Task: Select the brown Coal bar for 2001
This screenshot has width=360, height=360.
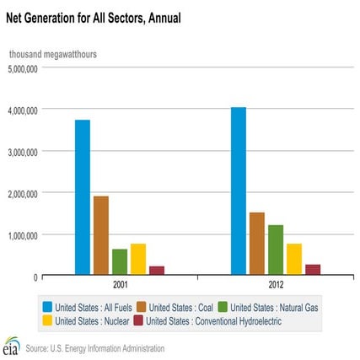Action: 101,235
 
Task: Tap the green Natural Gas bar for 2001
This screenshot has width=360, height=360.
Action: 120,261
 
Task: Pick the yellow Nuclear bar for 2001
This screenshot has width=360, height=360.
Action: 138,259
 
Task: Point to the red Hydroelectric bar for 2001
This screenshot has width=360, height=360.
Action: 157,270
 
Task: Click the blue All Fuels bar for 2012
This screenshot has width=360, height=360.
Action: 239,191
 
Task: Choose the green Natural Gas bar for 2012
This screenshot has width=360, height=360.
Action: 276,250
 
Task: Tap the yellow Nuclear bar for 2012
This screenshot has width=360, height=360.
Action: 294,259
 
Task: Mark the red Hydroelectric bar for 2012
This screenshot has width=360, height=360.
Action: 313,269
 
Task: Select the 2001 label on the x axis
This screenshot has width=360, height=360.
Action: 120,286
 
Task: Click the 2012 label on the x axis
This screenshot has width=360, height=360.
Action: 276,286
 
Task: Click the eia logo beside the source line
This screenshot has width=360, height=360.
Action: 11,346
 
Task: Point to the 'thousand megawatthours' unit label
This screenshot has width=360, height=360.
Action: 52,54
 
